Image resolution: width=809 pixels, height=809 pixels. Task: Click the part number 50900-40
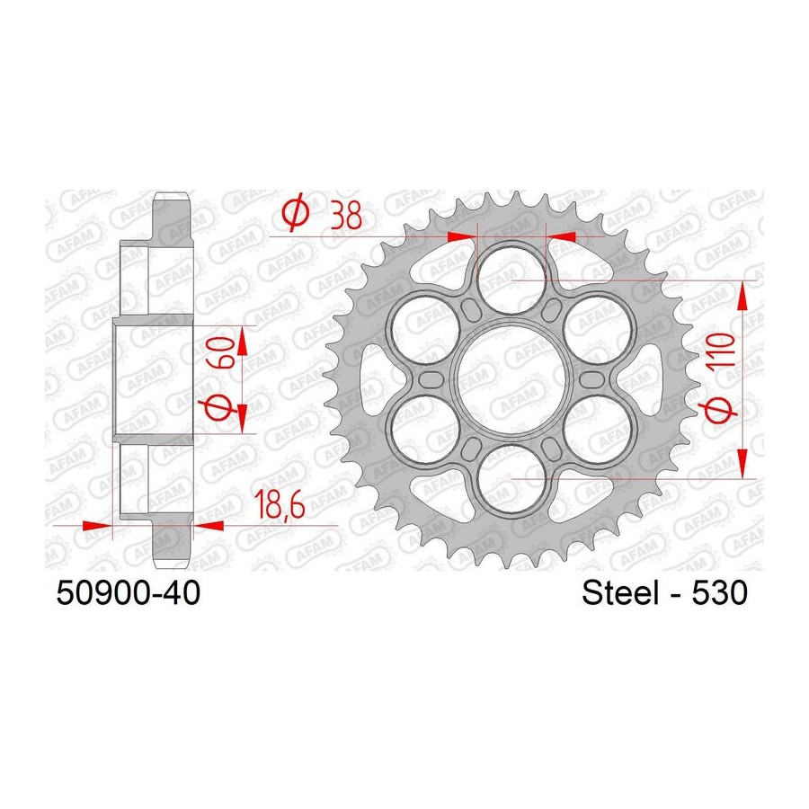point(128,593)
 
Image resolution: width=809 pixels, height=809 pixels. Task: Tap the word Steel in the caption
point(620,593)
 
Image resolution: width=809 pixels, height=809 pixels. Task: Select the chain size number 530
point(719,593)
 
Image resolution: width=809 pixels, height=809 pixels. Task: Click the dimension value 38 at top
point(346,215)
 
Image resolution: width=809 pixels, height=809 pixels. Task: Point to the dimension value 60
point(220,351)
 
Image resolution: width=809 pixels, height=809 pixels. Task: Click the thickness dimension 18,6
point(280,504)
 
